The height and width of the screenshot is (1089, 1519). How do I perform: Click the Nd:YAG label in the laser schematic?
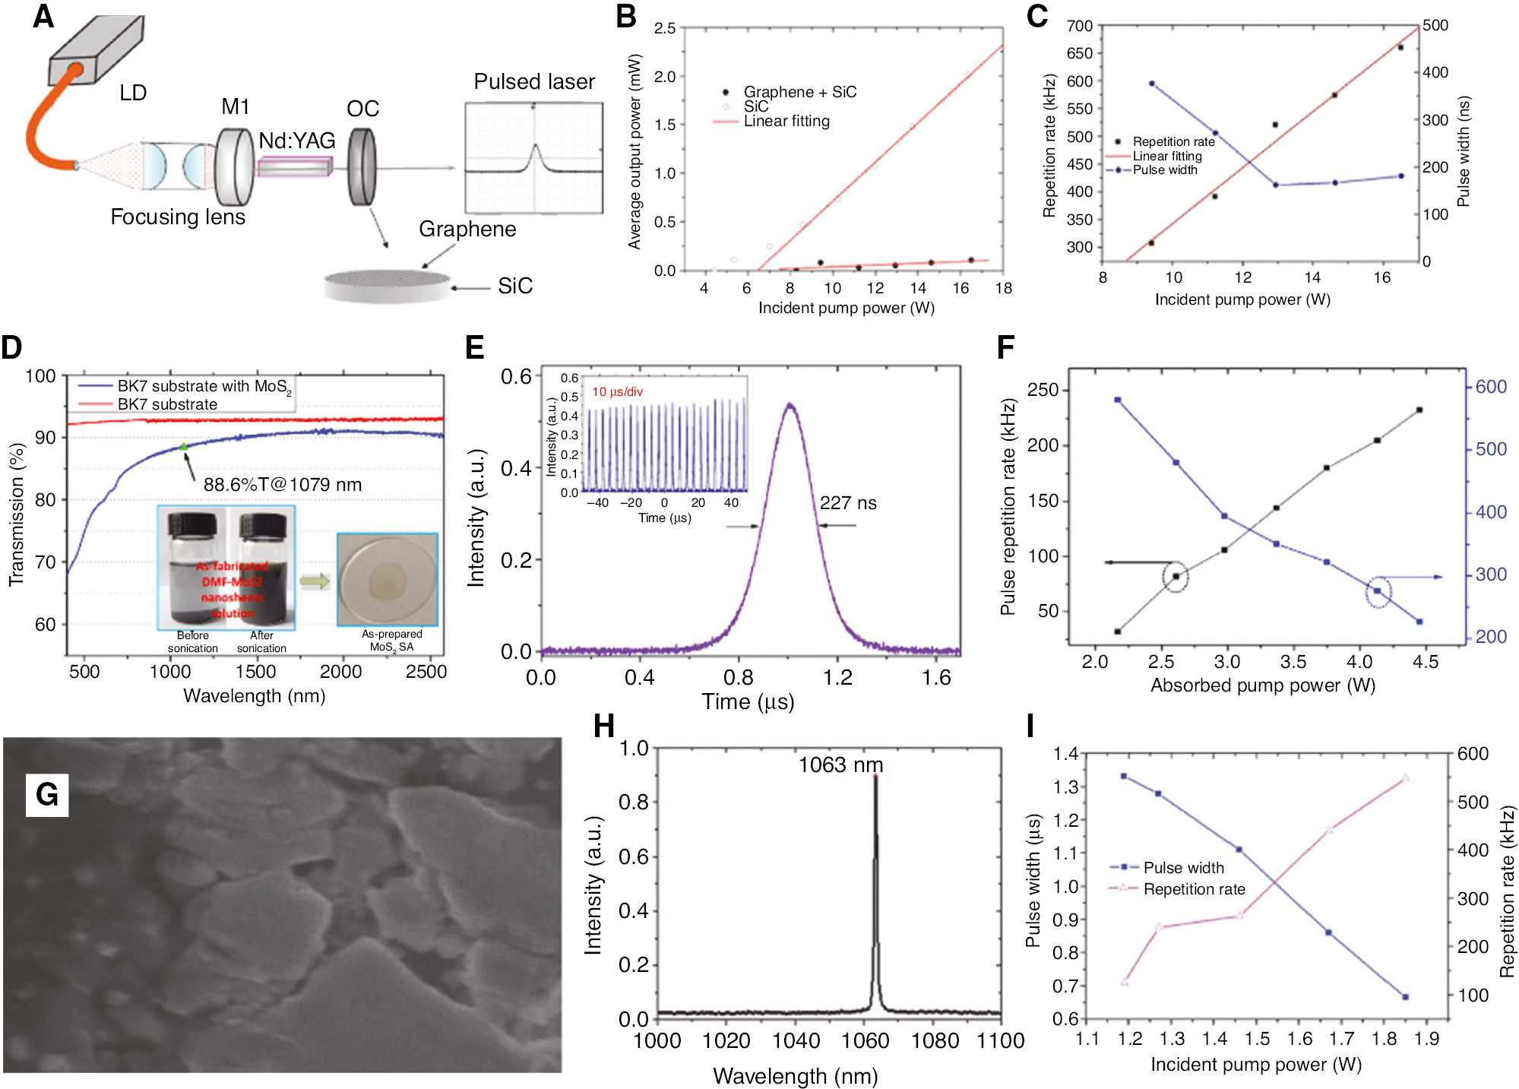(296, 141)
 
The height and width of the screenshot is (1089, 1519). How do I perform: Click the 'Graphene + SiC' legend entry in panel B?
(799, 93)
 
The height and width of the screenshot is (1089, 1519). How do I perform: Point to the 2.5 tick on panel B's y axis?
(665, 28)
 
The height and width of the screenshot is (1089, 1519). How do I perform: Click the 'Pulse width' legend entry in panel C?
(1164, 170)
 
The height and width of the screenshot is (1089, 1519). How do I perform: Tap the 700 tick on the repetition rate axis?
(1079, 26)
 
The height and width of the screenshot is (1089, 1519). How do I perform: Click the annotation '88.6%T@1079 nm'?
(282, 485)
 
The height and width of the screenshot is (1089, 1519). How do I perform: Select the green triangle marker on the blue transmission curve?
(183, 447)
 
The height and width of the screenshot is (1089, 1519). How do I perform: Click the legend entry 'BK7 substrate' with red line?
(166, 404)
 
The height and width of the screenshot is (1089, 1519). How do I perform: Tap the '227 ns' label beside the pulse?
(847, 503)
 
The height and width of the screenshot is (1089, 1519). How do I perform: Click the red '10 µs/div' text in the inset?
(617, 392)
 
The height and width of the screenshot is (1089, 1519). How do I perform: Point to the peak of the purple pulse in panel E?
(790, 405)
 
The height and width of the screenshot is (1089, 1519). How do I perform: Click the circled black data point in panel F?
(1176, 577)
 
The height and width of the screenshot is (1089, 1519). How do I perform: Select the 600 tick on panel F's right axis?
(1491, 387)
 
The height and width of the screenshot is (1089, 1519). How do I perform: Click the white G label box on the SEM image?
(47, 795)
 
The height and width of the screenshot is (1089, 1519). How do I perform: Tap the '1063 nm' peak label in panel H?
(840, 765)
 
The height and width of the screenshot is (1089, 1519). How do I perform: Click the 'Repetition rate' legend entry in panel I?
(1194, 889)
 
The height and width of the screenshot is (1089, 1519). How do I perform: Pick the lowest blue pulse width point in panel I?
(1405, 997)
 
